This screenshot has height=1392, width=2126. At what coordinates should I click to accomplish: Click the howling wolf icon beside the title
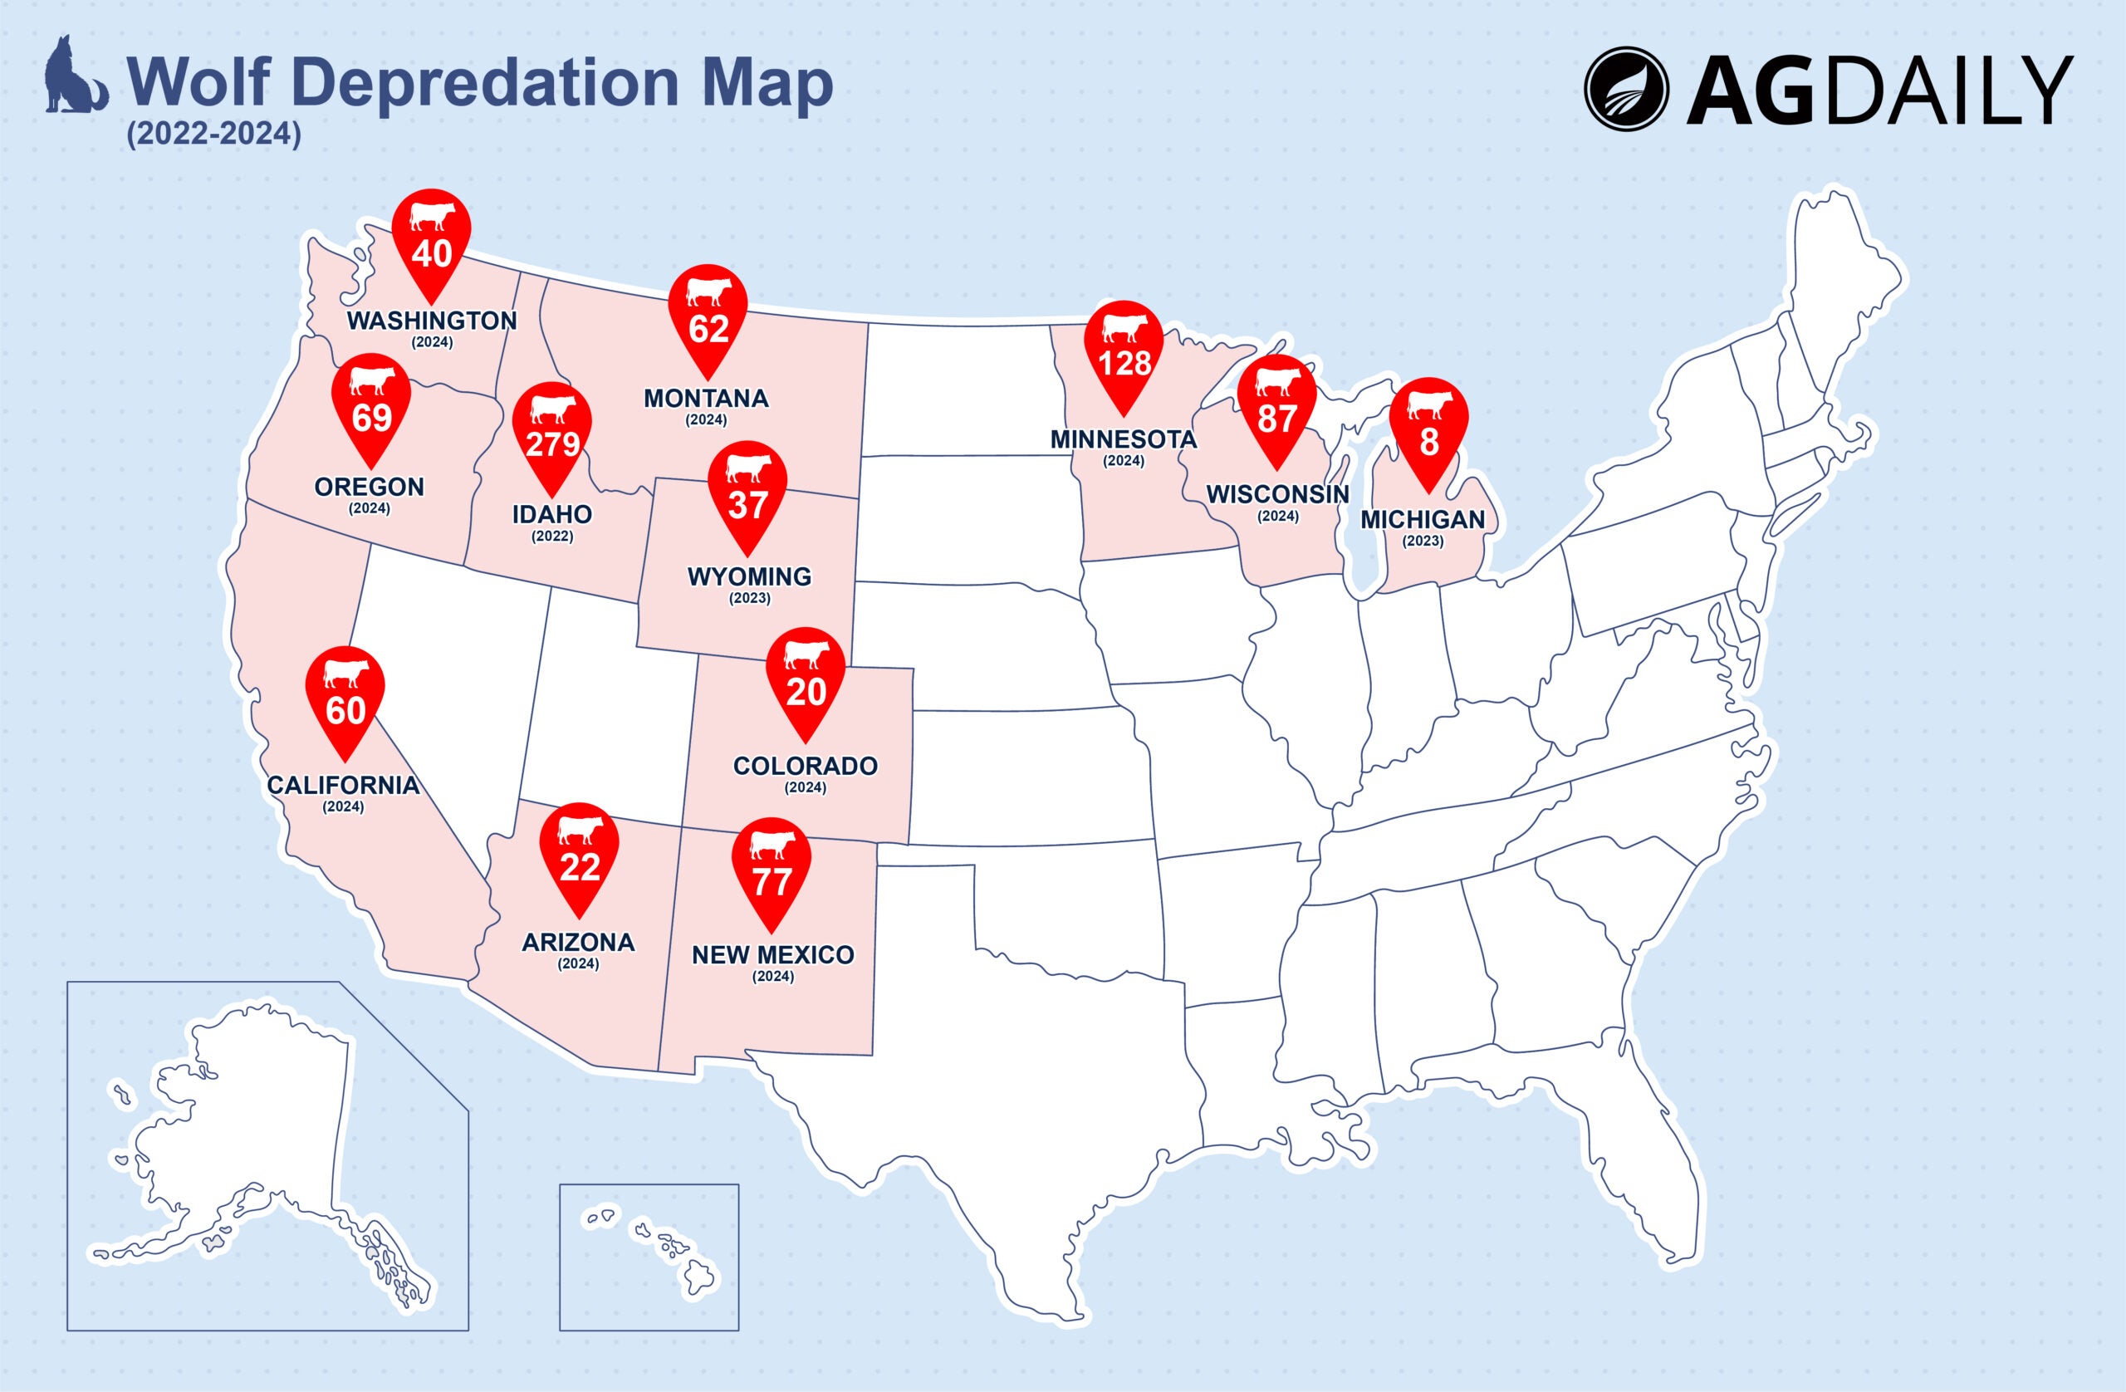tap(74, 77)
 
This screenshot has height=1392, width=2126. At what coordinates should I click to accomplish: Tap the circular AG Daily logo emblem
tap(1627, 88)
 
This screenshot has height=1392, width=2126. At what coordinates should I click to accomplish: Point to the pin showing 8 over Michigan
tap(1428, 429)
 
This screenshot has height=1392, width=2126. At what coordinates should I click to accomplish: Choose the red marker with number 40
tap(432, 240)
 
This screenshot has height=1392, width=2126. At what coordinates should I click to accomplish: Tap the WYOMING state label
tap(749, 576)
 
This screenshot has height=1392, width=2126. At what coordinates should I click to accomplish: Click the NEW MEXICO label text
tap(772, 955)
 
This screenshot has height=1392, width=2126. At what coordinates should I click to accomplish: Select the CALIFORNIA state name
tap(343, 786)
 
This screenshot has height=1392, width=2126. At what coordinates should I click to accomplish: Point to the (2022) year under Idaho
tap(552, 537)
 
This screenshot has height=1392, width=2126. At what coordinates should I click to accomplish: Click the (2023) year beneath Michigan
tap(1423, 541)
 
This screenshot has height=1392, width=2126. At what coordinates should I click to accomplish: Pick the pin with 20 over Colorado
tap(806, 679)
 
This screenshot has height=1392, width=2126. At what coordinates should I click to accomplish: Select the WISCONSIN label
tap(1277, 494)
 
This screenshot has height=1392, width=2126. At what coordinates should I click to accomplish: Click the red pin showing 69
tap(371, 405)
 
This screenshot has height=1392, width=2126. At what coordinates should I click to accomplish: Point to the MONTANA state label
tap(706, 399)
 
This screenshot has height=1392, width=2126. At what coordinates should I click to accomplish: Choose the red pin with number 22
tap(580, 854)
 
